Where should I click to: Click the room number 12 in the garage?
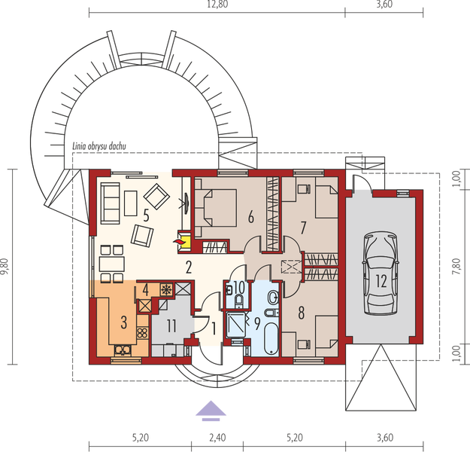381,281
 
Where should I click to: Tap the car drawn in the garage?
379,275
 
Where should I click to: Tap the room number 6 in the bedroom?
250,218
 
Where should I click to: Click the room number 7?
303,225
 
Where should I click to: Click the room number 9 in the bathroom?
257,325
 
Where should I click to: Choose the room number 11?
171,325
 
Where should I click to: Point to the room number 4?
145,288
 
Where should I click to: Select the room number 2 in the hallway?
190,264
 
